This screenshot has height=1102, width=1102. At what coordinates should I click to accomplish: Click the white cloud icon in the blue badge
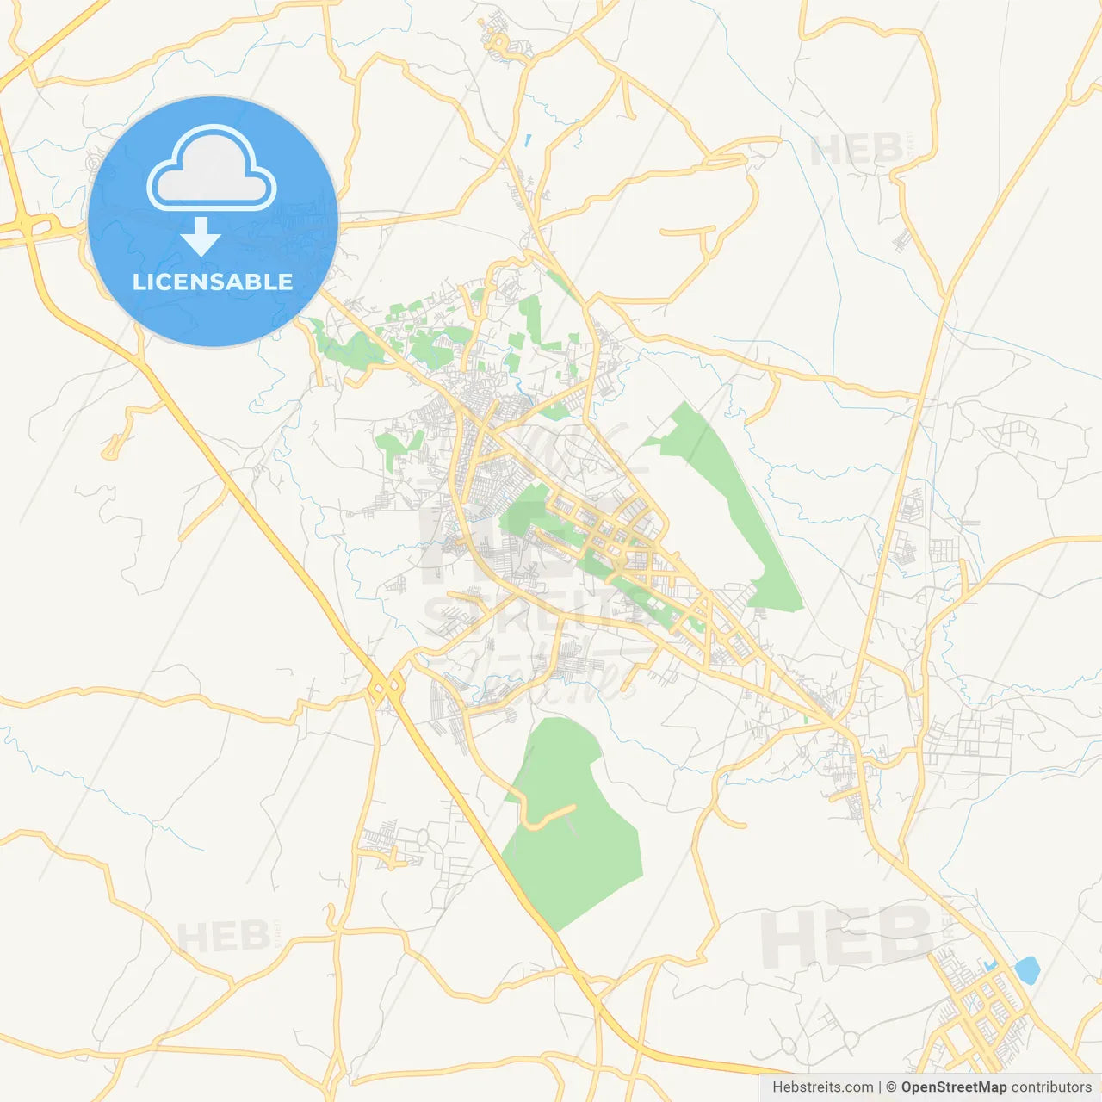coord(212,169)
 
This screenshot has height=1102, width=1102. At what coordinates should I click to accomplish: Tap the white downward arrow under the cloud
coord(201,236)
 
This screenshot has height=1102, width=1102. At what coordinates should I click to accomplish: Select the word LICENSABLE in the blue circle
coord(213,282)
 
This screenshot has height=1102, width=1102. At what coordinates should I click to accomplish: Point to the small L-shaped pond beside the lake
coord(991,964)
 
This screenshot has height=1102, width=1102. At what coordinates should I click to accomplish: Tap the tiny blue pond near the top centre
coord(527,139)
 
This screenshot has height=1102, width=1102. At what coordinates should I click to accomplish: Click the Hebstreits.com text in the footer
coord(822,1087)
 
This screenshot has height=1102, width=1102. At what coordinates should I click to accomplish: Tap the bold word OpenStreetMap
coord(953,1087)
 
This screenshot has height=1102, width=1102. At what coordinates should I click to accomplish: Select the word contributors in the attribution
coord(1051,1087)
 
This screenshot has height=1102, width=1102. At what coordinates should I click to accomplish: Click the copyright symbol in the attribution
coord(891,1087)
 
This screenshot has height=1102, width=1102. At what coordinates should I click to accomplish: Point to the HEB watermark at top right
coord(857,152)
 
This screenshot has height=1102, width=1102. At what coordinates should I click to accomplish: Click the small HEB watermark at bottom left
coord(222,937)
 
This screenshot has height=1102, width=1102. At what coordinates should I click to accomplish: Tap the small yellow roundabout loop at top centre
coord(497,40)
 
